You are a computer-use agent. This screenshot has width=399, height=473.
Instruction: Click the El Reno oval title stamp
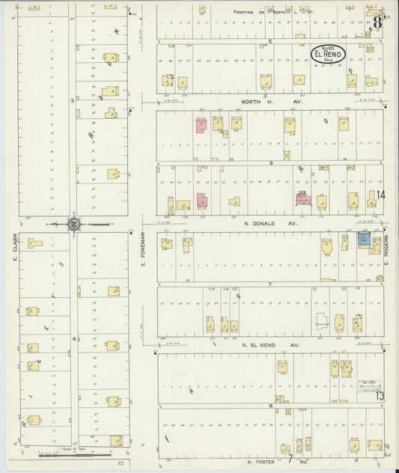click(x=326, y=55)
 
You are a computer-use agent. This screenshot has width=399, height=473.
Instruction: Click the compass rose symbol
click(x=75, y=223)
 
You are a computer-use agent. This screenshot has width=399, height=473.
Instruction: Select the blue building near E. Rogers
click(x=363, y=239)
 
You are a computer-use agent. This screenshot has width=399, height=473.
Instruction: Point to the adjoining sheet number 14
click(x=380, y=195)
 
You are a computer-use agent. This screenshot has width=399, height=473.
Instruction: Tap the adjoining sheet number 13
click(x=380, y=396)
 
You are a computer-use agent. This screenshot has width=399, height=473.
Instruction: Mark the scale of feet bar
click(x=67, y=451)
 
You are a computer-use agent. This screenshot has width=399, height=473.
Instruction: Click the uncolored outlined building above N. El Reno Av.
click(x=322, y=321)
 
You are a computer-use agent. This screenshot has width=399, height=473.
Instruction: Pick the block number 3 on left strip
click(x=73, y=100)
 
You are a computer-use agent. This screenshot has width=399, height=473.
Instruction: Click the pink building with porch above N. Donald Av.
click(x=303, y=198)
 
